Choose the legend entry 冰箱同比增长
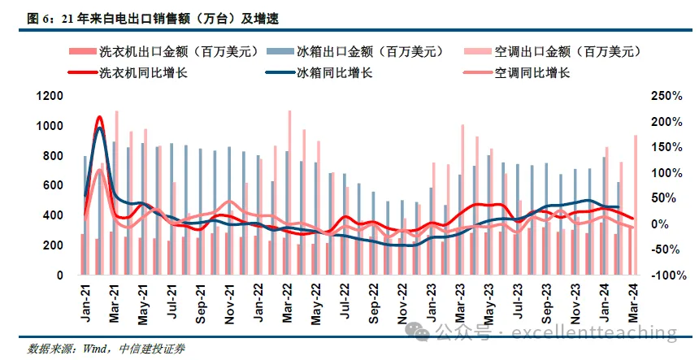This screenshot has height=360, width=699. pos(333,72)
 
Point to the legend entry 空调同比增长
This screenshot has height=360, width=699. pos(532,72)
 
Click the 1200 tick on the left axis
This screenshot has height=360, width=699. pos(50,97)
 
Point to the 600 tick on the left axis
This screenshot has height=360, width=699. pos(54,186)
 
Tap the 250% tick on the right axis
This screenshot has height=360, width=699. pos(666,97)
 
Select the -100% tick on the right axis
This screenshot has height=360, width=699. pos(666,275)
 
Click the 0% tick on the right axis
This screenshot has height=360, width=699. pos(658,224)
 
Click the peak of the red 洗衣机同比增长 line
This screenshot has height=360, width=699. pos(99,118)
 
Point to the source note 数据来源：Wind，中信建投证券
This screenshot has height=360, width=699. pos(106,349)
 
